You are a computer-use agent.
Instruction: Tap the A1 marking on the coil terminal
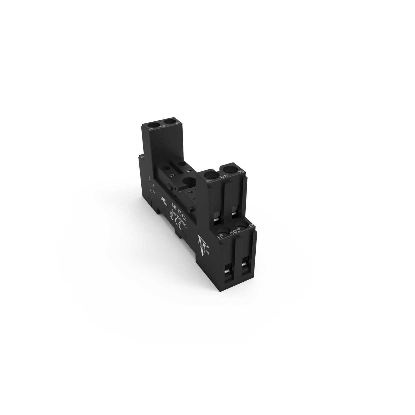151,128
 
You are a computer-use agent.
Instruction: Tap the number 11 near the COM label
220,236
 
